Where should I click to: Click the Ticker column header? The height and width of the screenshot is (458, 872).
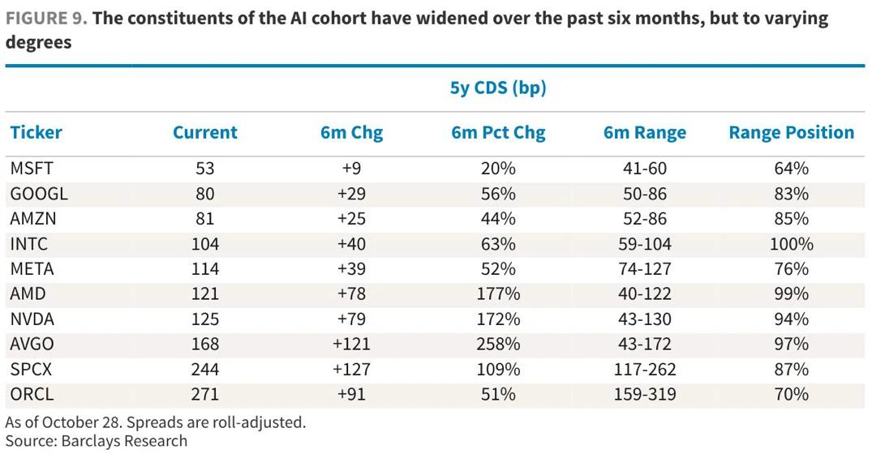click(37, 132)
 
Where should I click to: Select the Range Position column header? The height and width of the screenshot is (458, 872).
click(792, 132)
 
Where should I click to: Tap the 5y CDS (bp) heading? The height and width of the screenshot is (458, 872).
click(498, 88)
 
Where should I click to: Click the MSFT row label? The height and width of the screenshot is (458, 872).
click(32, 169)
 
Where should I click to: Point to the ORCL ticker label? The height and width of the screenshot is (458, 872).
click(32, 394)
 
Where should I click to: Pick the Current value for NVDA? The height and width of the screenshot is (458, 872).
click(204, 319)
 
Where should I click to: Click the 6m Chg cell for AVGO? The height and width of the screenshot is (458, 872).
click(351, 344)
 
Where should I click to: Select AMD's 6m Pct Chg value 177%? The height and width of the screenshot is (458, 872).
click(498, 294)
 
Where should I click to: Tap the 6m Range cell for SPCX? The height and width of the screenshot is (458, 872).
click(645, 369)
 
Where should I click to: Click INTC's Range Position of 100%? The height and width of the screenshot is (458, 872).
click(792, 244)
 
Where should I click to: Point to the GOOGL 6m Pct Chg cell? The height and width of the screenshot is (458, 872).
click(498, 194)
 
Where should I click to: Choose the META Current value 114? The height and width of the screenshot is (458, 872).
click(204, 269)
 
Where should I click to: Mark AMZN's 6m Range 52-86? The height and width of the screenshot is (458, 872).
click(645, 218)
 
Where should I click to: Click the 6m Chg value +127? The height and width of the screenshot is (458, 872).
click(351, 369)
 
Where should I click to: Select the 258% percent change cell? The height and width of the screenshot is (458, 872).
click(498, 344)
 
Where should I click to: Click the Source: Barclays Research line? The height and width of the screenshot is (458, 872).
click(97, 441)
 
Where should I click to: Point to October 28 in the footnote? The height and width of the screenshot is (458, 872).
click(81, 422)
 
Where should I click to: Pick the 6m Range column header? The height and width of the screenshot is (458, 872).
click(645, 132)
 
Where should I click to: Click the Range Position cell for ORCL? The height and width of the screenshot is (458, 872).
click(792, 394)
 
